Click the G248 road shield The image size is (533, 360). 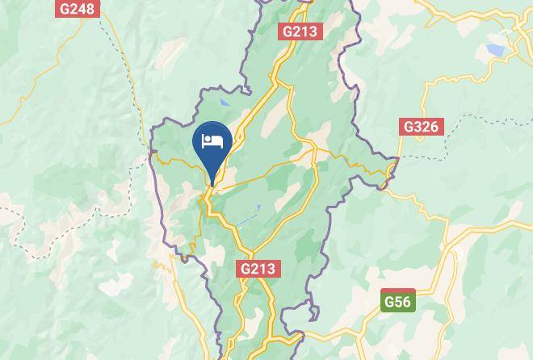(78, 9)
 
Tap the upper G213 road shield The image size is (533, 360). (300, 31)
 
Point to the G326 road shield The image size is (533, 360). (420, 127)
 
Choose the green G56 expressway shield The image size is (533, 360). (397, 301)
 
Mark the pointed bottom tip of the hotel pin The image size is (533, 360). (212, 186)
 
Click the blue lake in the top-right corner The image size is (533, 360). (495, 51)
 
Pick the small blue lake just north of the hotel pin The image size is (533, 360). (225, 103)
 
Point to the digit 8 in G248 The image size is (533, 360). (90, 9)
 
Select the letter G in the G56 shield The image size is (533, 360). (389, 303)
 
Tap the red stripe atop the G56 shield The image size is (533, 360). (397, 291)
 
